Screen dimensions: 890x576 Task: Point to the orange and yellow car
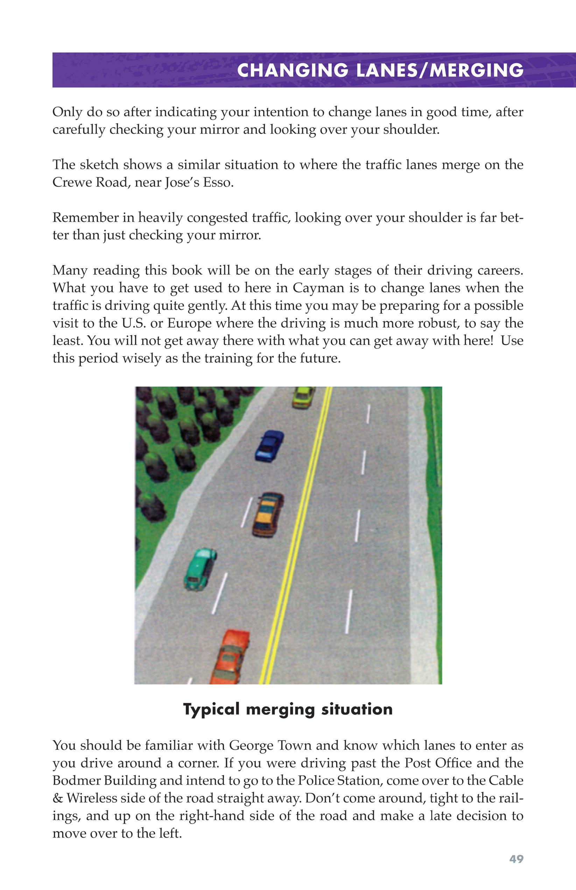coord(268,514)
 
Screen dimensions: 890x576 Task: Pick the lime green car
coord(303,397)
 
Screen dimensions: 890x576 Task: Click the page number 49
coord(516,859)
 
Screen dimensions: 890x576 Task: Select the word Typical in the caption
coord(211,710)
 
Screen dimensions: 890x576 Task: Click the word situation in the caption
coord(357,709)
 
